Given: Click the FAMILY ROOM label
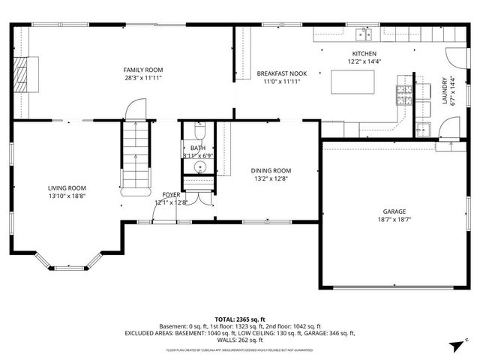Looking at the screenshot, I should click(142, 69).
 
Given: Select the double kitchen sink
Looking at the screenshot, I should click(364, 32).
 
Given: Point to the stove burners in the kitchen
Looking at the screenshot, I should click(403, 94).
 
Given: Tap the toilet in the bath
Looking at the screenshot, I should click(197, 133).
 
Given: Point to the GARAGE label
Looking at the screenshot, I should click(394, 211).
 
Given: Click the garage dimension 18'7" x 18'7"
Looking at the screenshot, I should click(394, 220).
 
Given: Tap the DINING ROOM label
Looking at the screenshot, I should click(271, 170).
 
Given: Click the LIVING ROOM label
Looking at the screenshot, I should click(67, 187).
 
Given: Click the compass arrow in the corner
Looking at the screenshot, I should click(456, 344).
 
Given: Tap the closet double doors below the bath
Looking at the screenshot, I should click(199, 197).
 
